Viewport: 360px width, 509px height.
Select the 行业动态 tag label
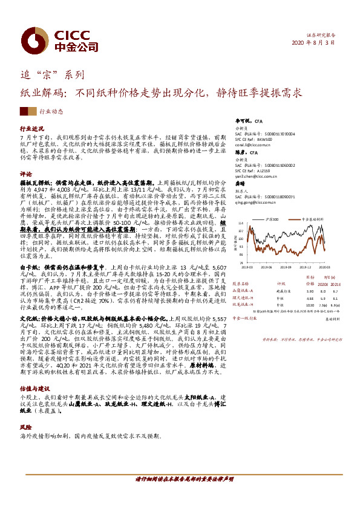(51, 111)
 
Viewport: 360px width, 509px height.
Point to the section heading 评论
(26, 173)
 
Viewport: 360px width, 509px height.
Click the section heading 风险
(26, 427)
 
